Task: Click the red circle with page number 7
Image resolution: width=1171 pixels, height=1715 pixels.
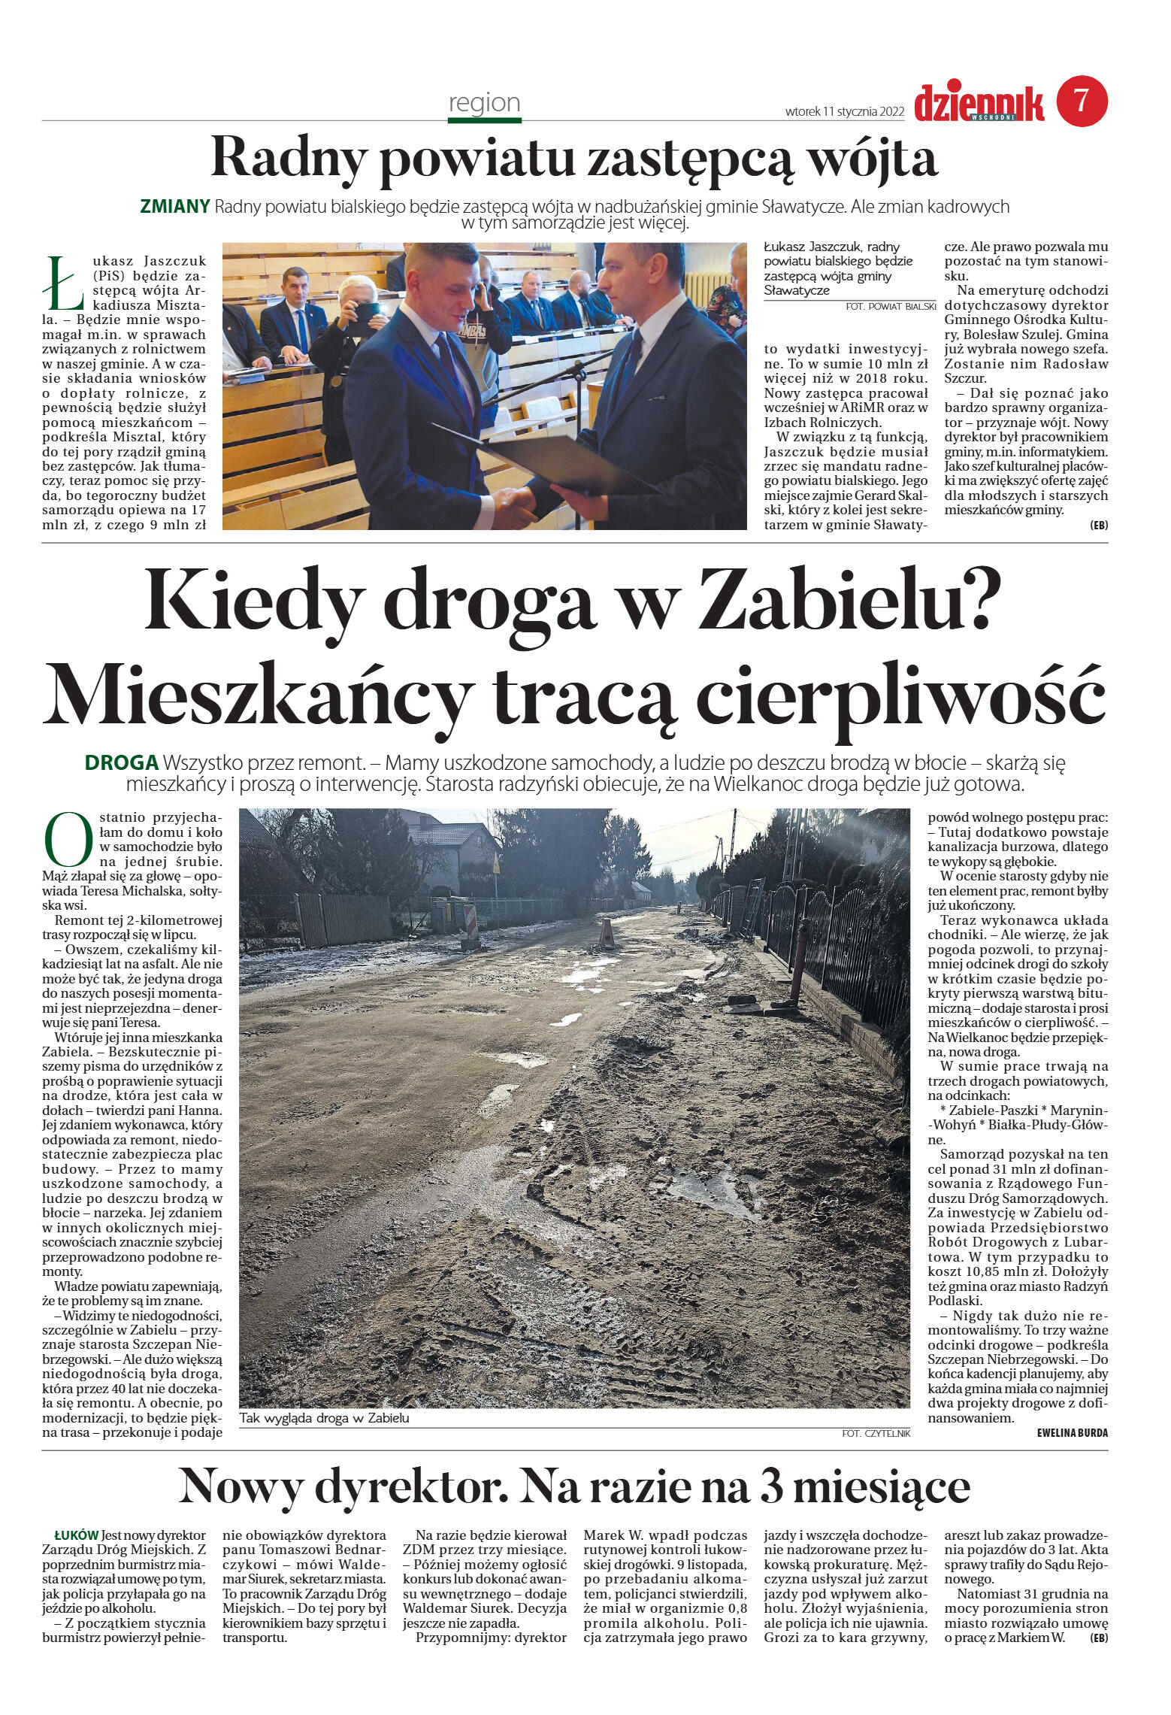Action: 1082,102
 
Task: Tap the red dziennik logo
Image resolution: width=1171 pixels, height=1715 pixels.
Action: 978,104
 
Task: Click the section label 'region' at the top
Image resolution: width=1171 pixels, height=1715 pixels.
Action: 484,102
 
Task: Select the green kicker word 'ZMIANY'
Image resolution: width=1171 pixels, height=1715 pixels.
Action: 174,207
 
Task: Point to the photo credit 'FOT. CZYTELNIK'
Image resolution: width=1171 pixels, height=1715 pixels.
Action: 876,1434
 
